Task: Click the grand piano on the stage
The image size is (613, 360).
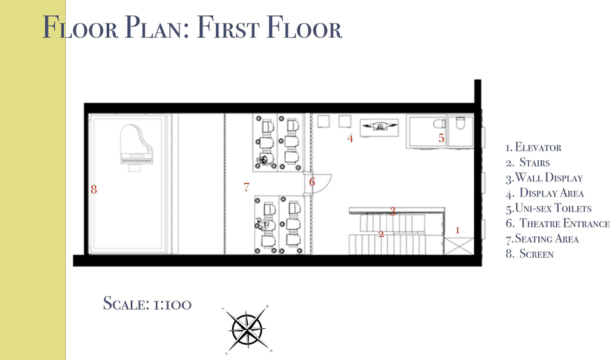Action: point(136,144)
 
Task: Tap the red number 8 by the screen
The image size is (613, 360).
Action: point(94,190)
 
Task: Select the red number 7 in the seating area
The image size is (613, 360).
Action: point(246,187)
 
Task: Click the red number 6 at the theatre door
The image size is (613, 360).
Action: point(312,182)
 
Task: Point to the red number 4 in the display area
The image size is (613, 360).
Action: point(350,138)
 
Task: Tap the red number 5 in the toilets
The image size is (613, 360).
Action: point(441,138)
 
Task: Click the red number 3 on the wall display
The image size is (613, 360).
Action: point(393,211)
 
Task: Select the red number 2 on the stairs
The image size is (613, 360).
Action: point(381,234)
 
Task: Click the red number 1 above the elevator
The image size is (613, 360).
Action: point(457,230)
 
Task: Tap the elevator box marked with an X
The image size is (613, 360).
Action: point(459,246)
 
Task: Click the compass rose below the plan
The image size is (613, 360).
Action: point(247,329)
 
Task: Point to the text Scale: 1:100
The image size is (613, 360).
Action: point(148,304)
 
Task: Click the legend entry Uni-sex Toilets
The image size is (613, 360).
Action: point(549,208)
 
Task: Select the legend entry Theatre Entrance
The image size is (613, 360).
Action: point(557,223)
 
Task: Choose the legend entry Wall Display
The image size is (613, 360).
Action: point(544,178)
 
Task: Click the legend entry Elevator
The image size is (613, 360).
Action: point(534,147)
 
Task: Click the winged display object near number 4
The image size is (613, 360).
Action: point(379,126)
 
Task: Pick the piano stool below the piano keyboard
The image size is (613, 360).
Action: point(135,168)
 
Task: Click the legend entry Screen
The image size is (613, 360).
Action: point(530,254)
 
